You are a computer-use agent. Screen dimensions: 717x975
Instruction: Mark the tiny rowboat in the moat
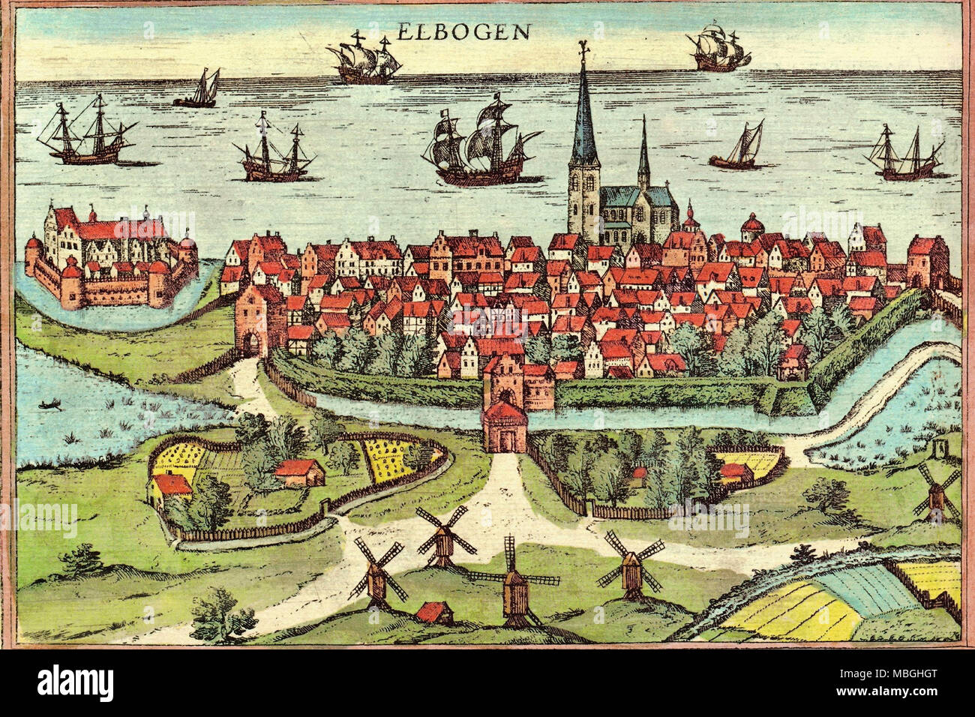49,404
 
